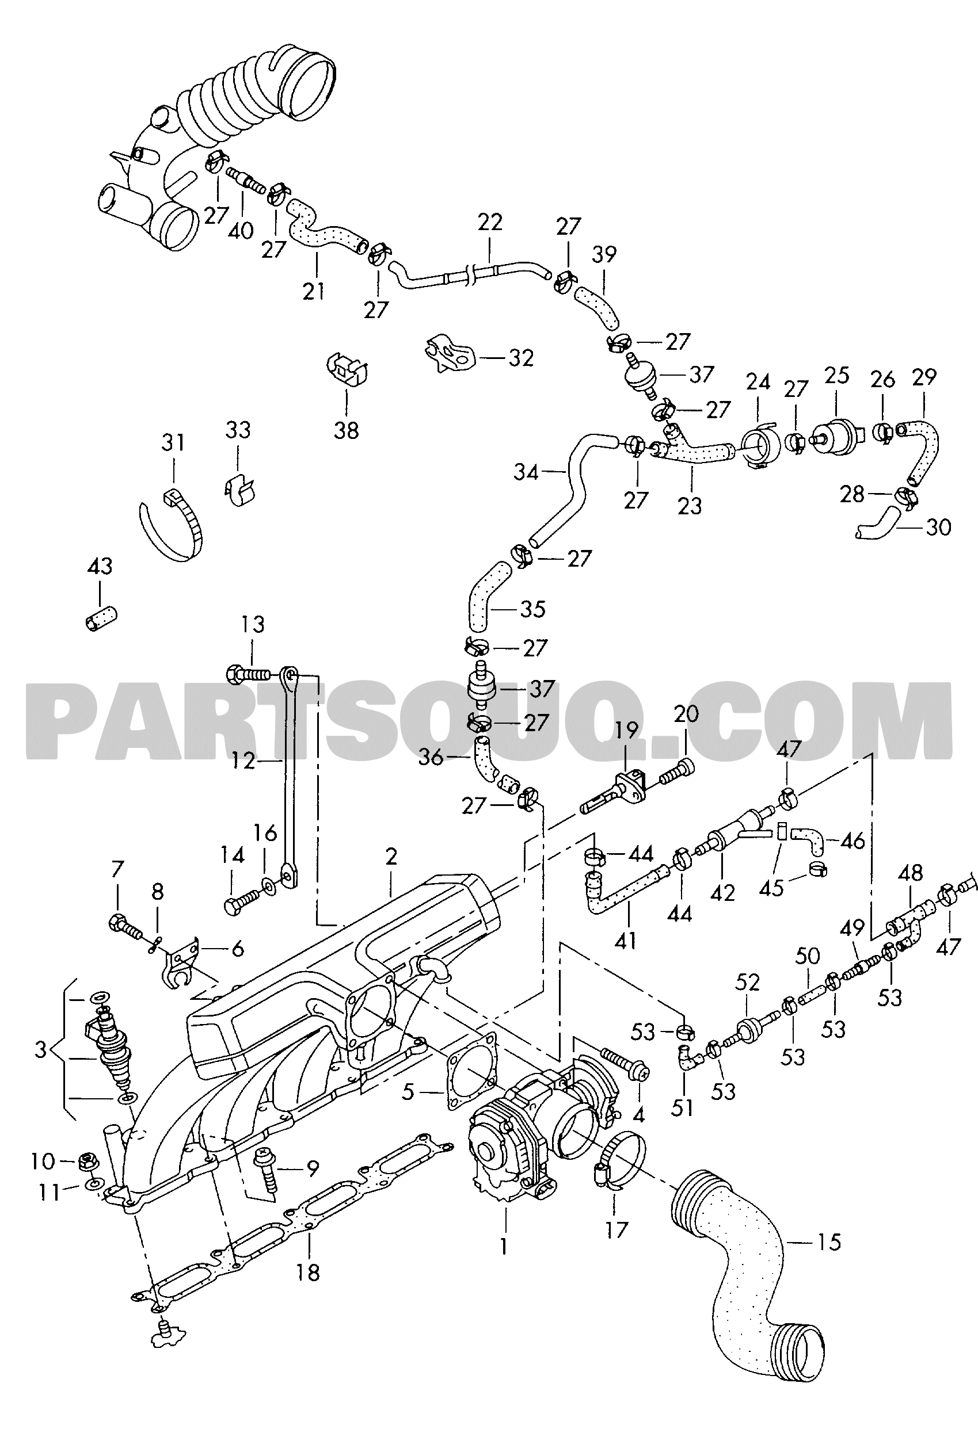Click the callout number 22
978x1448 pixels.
coord(490,222)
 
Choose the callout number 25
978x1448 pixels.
coord(837,376)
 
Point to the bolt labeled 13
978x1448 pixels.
coord(248,674)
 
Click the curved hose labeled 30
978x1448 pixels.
coord(878,524)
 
